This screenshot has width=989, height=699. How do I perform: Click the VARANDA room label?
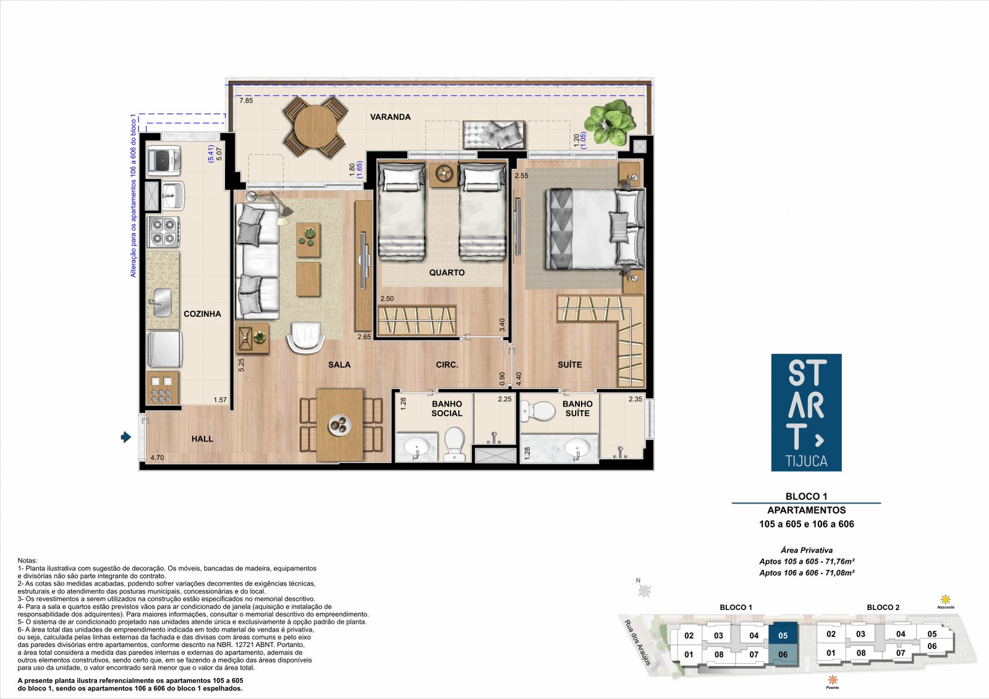[390, 117]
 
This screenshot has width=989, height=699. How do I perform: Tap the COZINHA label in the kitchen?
[202, 314]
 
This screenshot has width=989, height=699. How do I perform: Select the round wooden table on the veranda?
[315, 127]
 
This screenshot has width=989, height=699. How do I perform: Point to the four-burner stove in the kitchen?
[163, 231]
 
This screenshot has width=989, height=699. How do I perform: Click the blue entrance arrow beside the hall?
[126, 437]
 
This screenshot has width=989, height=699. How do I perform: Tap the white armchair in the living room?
[305, 337]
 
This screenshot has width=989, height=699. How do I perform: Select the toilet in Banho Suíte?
[538, 411]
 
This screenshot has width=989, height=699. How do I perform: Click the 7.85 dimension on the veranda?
[246, 101]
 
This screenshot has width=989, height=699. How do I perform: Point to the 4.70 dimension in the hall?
[157, 458]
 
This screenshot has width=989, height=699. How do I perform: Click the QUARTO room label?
[447, 273]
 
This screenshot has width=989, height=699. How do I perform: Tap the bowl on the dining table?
[339, 425]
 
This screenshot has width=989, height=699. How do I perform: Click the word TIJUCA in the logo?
[806, 461]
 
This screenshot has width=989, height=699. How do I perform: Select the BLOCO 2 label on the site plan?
[883, 608]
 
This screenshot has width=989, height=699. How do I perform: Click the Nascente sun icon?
[945, 599]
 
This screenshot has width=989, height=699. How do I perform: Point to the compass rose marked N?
[645, 591]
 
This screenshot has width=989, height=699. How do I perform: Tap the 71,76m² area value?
[838, 562]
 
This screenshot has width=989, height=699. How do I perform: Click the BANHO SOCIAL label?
[447, 409]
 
